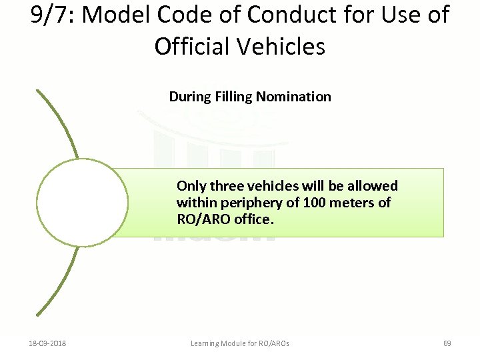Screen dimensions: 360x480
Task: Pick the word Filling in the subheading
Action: pos(233,97)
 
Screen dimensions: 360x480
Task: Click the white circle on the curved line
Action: pos(82,203)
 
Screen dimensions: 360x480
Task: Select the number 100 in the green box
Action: pos(314,202)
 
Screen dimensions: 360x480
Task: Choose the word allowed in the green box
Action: pos(373,185)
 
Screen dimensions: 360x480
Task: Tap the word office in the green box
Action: pos(253,219)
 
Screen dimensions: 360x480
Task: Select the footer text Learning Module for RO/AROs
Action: pos(240,343)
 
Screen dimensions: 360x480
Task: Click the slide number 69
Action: pos(447,343)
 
